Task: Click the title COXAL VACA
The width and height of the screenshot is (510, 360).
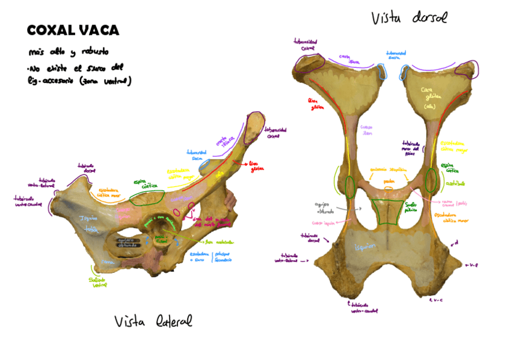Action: click(x=73, y=31)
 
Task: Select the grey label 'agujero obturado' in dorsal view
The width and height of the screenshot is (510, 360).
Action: click(x=323, y=207)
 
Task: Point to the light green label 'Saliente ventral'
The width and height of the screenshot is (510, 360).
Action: click(x=99, y=283)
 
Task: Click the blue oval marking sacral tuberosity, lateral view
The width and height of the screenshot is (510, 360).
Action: click(x=206, y=163)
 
